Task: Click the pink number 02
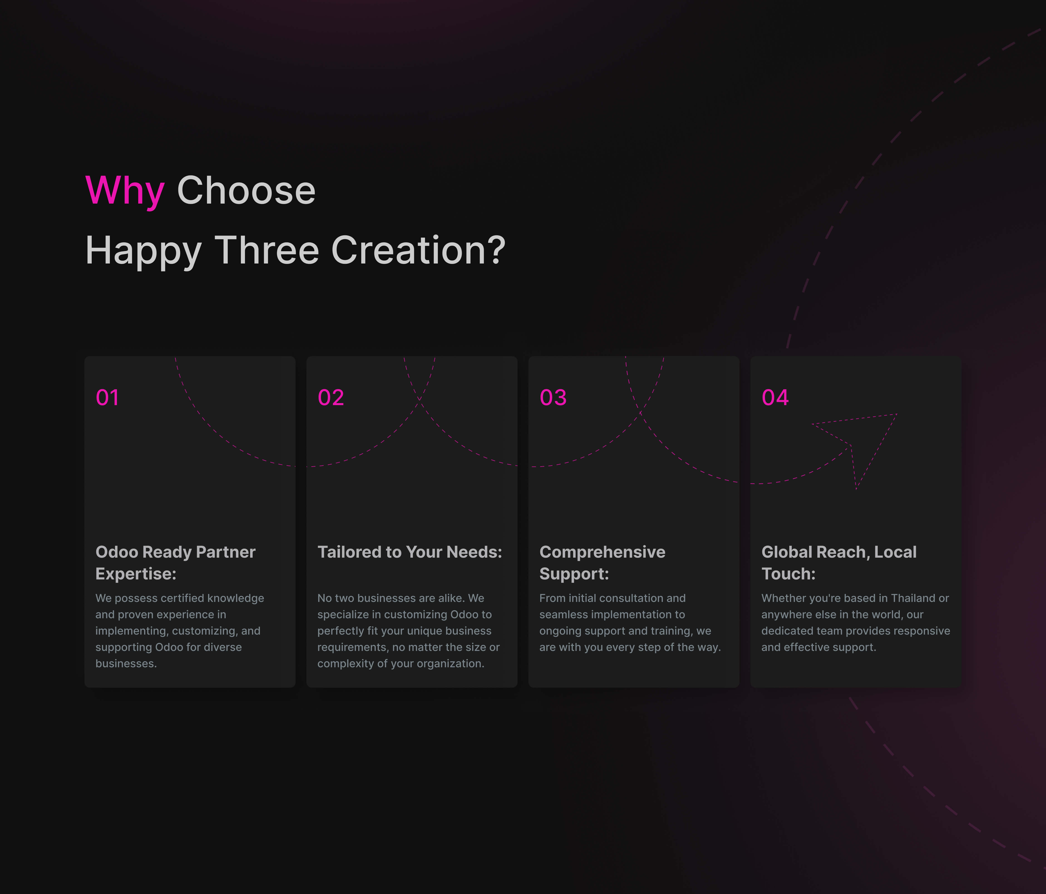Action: (331, 398)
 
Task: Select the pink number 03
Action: (553, 398)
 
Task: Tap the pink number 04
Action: (775, 398)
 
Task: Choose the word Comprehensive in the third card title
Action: (602, 552)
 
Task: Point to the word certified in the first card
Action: (184, 598)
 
